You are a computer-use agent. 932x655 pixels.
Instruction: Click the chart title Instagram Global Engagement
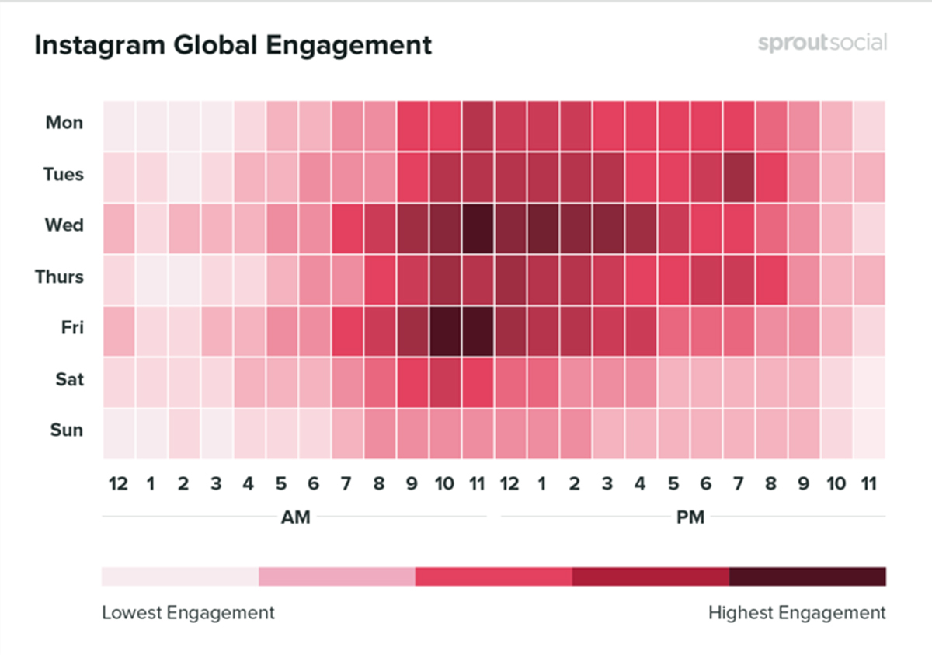click(x=233, y=45)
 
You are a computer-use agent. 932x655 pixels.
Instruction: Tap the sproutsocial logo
click(x=822, y=43)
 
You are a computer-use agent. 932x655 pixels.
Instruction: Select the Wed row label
click(x=64, y=226)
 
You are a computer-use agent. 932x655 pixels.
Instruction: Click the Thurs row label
click(x=59, y=277)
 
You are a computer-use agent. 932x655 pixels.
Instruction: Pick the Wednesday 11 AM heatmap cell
click(x=477, y=226)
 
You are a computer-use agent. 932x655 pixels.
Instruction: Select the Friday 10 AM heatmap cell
click(x=444, y=328)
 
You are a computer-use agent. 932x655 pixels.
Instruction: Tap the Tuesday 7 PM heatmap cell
click(x=738, y=175)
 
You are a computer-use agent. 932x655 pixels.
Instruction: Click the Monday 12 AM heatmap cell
click(x=118, y=123)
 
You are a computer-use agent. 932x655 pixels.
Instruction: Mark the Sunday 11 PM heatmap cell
click(x=868, y=430)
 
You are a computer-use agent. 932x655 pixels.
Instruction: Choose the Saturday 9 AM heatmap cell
click(x=412, y=379)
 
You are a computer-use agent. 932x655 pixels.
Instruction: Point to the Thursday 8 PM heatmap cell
click(x=770, y=277)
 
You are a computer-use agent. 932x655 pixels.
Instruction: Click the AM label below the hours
click(x=295, y=517)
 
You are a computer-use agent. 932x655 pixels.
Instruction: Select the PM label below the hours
click(x=690, y=517)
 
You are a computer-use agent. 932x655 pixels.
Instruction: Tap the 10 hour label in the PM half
click(x=836, y=484)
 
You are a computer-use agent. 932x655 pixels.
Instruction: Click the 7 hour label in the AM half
click(x=346, y=484)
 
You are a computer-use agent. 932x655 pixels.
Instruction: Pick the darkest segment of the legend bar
click(x=807, y=577)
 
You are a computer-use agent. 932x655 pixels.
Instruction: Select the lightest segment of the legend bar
click(x=179, y=577)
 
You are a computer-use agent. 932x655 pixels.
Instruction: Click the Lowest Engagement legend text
click(x=188, y=613)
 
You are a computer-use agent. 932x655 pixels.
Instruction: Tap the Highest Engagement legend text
click(x=796, y=613)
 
